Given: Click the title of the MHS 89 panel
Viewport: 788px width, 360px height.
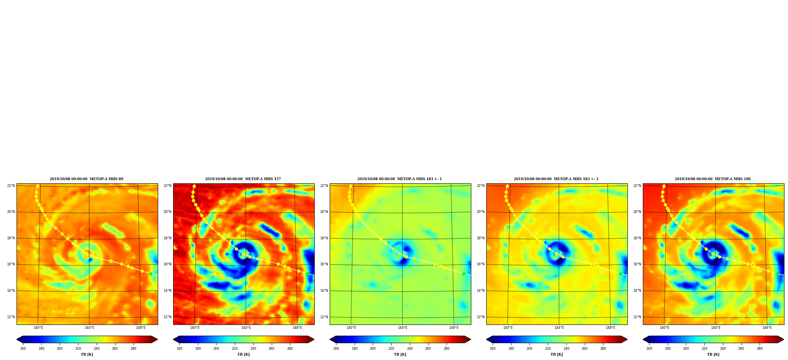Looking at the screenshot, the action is (86, 179).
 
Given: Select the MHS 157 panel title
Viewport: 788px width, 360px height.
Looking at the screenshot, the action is (243, 179).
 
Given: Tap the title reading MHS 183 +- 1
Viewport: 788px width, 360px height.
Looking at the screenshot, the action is (400, 179).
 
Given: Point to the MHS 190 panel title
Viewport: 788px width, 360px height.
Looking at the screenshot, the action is (713, 179).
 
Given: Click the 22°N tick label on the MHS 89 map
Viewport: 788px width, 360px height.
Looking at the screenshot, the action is (11, 186).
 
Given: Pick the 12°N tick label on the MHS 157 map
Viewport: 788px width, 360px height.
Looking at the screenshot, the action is (167, 317).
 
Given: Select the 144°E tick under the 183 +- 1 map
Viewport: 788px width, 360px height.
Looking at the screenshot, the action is (403, 328).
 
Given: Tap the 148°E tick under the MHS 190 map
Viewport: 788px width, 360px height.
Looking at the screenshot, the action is (767, 328).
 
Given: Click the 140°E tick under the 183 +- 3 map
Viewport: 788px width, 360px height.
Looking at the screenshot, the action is (508, 328).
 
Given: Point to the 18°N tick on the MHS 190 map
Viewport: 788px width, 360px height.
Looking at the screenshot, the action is (637, 238).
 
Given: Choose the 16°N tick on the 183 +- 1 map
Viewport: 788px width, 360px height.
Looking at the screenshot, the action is (324, 265).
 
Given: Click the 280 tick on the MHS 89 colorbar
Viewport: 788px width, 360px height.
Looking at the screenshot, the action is (133, 349).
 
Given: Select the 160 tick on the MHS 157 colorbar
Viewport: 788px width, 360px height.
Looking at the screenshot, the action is (179, 349).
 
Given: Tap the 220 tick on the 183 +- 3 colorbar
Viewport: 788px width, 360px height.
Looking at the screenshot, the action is (548, 349).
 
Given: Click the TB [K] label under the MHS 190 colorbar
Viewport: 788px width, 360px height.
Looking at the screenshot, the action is (713, 354).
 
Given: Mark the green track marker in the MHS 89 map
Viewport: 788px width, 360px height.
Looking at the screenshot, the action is (151, 274).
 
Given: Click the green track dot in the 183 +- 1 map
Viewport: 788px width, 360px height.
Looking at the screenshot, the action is (464, 274).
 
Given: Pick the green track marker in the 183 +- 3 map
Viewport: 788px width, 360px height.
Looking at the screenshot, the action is (620, 274).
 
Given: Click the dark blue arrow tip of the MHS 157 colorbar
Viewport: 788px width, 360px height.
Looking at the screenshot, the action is (174, 339).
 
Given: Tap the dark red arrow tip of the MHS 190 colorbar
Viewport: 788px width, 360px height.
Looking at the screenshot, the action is (783, 339).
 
